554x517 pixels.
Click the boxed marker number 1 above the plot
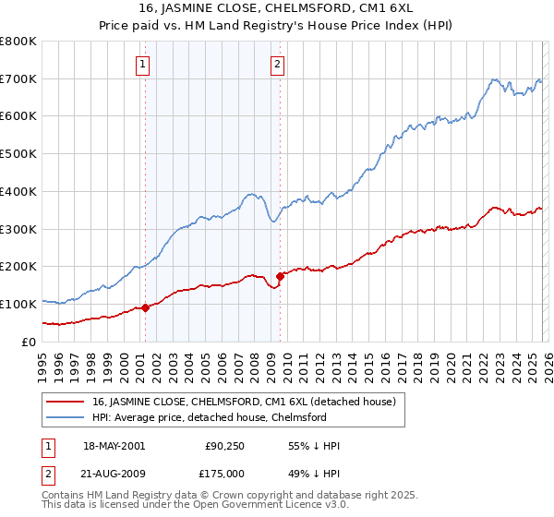click(144, 65)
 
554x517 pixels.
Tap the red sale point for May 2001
click(145, 307)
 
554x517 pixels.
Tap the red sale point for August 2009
click(280, 275)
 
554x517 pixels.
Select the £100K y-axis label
click(18, 304)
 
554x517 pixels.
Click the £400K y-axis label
click(18, 191)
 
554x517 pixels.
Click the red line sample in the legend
click(65, 402)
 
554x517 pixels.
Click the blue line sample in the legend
click(65, 417)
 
